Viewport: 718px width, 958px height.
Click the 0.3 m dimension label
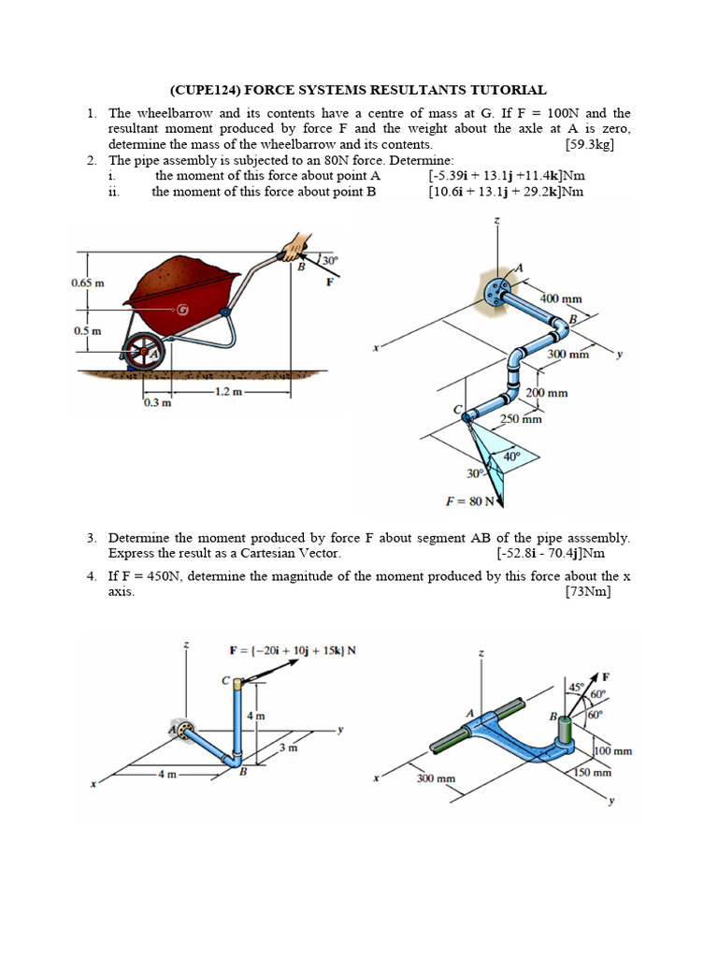tap(157, 403)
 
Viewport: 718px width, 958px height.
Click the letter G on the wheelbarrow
tap(183, 309)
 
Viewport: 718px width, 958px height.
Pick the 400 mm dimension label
tap(561, 298)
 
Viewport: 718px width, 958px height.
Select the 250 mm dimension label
tap(520, 419)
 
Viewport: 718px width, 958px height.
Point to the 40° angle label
tap(511, 457)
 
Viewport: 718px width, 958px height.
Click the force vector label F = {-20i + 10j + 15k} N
tap(292, 649)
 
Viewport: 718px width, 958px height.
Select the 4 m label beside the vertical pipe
tap(254, 715)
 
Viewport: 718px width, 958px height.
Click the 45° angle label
tap(576, 688)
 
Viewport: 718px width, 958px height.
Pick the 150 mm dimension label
tap(592, 773)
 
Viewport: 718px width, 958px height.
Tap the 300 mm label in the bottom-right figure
tap(436, 778)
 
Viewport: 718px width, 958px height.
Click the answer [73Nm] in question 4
tap(588, 592)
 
